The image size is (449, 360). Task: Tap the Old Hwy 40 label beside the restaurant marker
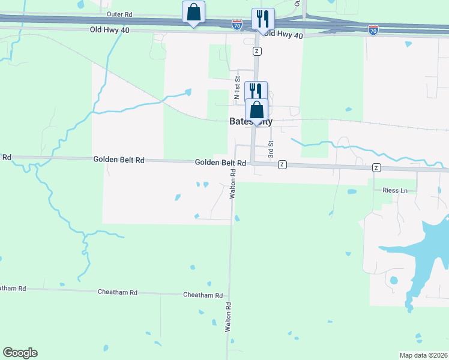(x=283, y=35)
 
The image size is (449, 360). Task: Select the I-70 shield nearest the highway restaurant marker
(x=237, y=25)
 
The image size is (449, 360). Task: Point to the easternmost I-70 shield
(x=373, y=29)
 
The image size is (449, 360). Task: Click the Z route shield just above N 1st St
(x=257, y=51)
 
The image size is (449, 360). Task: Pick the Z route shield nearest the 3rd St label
(x=282, y=164)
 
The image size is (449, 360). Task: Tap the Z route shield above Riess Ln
(x=376, y=167)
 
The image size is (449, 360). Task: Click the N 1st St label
(x=237, y=88)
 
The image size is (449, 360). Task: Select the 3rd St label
(x=271, y=149)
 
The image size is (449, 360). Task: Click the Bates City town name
(x=251, y=121)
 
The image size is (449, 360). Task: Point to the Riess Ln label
(x=394, y=190)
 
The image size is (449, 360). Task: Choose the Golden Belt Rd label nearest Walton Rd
(x=220, y=163)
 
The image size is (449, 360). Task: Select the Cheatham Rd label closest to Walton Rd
(x=203, y=295)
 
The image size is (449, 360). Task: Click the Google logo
(x=20, y=353)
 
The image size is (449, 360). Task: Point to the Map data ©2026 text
(x=424, y=355)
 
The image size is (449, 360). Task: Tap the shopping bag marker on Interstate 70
(x=193, y=13)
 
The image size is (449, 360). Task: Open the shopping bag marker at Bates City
(x=256, y=110)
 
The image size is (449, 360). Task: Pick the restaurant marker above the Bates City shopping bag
(x=256, y=91)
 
